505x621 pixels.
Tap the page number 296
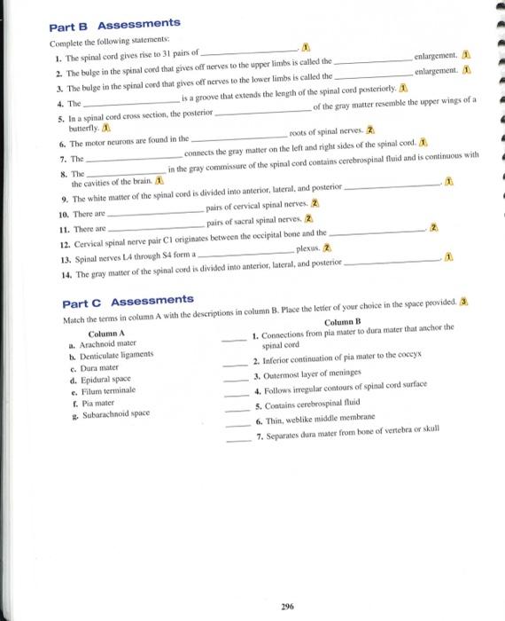(286, 581)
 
